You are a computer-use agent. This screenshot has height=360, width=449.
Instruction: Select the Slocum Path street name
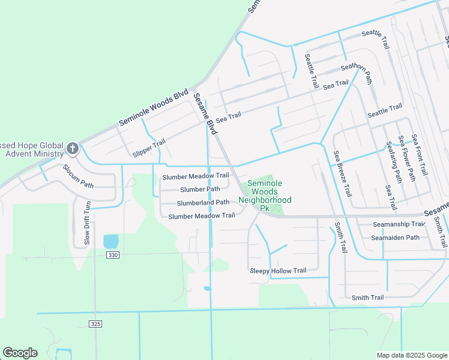click(78, 176)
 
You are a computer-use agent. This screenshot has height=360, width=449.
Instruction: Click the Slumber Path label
click(200, 189)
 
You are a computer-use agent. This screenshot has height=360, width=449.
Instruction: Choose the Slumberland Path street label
click(203, 202)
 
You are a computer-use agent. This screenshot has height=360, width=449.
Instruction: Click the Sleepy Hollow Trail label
click(278, 271)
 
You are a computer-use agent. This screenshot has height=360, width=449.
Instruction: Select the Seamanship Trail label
click(398, 224)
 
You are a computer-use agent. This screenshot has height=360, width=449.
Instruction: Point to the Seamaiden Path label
click(394, 238)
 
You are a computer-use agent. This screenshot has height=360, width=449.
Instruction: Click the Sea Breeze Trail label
click(342, 174)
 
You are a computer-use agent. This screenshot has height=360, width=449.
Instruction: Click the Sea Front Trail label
click(419, 155)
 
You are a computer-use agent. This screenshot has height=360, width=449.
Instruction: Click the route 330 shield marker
click(112, 255)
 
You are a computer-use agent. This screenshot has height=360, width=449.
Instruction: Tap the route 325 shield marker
click(95, 324)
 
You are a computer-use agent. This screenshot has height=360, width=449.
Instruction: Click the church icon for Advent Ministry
click(73, 148)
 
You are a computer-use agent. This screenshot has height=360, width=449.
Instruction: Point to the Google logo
click(20, 353)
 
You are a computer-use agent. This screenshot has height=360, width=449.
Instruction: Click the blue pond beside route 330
click(111, 241)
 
